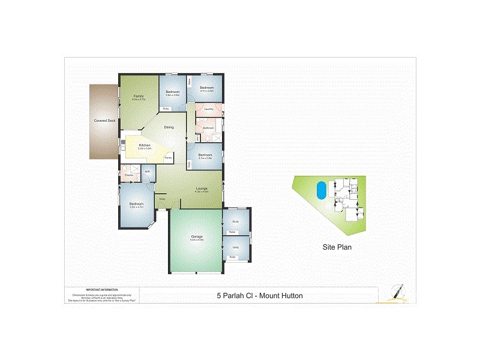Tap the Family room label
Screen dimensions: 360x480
pyautogui.click(x=139, y=96)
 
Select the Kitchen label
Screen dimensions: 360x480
pyautogui.click(x=144, y=146)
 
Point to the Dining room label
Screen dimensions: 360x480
pyautogui.click(x=169, y=127)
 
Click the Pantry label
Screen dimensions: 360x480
pyautogui.click(x=169, y=157)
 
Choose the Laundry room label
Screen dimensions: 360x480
pyautogui.click(x=209, y=109)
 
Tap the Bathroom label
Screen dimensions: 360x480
pyautogui.click(x=208, y=128)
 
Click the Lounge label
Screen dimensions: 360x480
pyautogui.click(x=201, y=189)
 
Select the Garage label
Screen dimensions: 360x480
pyautogui.click(x=196, y=236)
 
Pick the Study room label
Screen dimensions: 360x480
pyautogui.click(x=235, y=222)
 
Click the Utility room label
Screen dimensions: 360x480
pyautogui.click(x=235, y=247)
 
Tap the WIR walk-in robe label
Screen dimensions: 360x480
pyautogui.click(x=147, y=172)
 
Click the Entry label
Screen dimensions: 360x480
pyautogui.click(x=162, y=199)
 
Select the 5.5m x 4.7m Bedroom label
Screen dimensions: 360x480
pyautogui.click(x=137, y=205)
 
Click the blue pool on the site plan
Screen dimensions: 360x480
pyautogui.click(x=322, y=190)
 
